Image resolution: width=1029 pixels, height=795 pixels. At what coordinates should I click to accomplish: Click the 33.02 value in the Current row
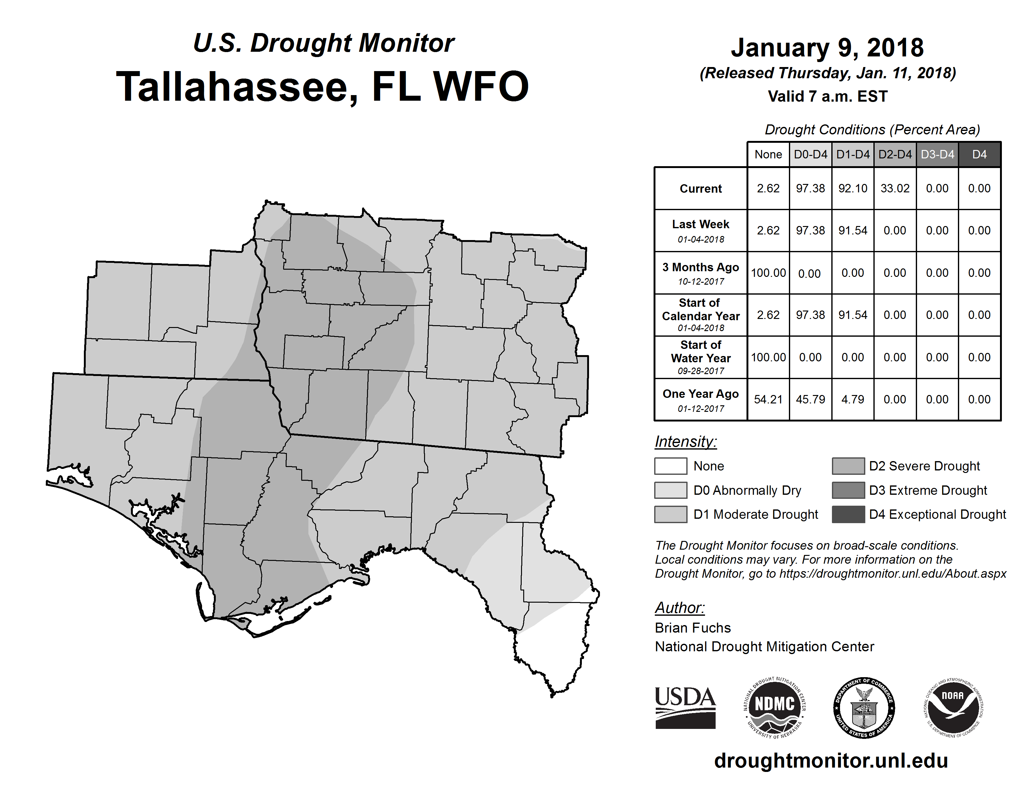pyautogui.click(x=895, y=188)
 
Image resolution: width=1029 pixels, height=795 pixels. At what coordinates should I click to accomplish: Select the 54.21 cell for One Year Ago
pyautogui.click(x=768, y=399)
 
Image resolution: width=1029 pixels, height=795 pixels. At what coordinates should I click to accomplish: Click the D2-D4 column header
pyautogui.click(x=895, y=154)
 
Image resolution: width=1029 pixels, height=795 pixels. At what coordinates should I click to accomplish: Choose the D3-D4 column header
pyautogui.click(x=937, y=154)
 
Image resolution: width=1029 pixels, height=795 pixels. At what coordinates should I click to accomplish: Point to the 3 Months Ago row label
pyautogui.click(x=701, y=273)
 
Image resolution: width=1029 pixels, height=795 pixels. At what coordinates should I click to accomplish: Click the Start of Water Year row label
pyautogui.click(x=701, y=357)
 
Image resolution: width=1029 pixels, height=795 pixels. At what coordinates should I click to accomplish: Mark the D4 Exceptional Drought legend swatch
pyautogui.click(x=848, y=514)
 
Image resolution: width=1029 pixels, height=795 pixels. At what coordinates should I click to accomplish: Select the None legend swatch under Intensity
pyautogui.click(x=670, y=466)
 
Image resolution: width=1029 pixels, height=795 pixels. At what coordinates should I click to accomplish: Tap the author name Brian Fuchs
pyautogui.click(x=693, y=628)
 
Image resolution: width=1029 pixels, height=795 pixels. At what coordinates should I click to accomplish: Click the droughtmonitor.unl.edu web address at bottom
pyautogui.click(x=831, y=761)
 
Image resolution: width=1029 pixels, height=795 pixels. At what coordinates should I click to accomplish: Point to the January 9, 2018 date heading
pyautogui.click(x=827, y=48)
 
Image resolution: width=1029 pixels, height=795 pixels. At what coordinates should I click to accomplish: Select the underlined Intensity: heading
pyautogui.click(x=685, y=442)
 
